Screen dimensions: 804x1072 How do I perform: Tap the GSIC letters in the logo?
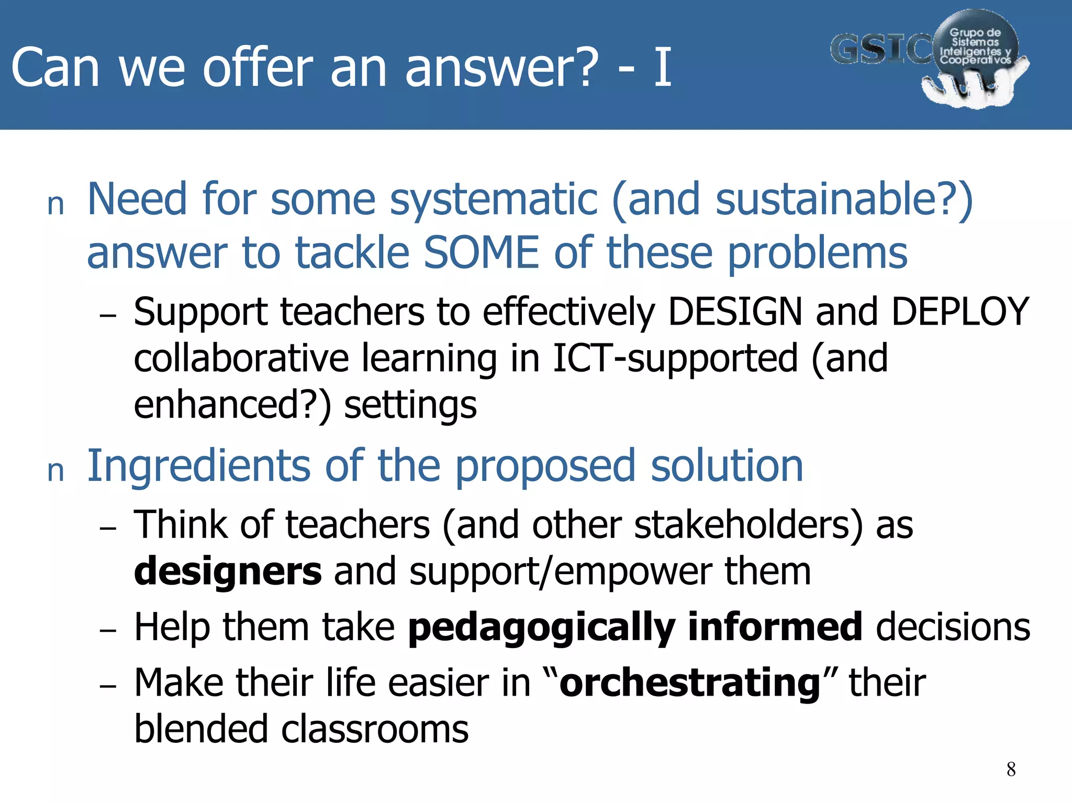tap(881, 50)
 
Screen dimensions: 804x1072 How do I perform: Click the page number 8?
tap(1011, 769)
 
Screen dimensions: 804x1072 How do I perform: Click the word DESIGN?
tap(735, 312)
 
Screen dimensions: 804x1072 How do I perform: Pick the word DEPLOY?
tap(960, 312)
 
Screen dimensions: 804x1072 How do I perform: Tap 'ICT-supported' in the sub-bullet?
tap(675, 359)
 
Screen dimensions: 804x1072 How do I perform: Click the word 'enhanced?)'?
tap(232, 405)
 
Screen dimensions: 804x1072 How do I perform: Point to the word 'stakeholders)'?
tap(749, 524)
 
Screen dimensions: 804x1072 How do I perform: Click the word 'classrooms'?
tap(375, 730)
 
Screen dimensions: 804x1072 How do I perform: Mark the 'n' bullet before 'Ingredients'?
tap(55, 471)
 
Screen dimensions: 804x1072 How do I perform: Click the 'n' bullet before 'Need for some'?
tap(55, 204)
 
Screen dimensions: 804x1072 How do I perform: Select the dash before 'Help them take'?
tap(108, 630)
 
